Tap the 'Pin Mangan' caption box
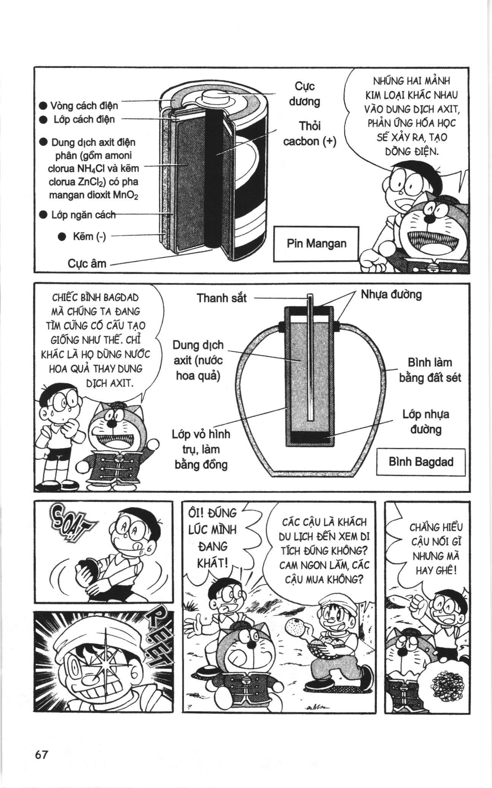click(316, 244)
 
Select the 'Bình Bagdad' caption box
click(420, 462)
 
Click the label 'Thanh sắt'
click(221, 298)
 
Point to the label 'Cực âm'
click(87, 263)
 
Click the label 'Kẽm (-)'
click(89, 236)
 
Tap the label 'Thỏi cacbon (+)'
click(310, 134)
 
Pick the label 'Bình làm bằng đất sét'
click(430, 370)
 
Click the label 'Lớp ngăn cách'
click(83, 215)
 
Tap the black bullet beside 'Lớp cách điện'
click(43, 120)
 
